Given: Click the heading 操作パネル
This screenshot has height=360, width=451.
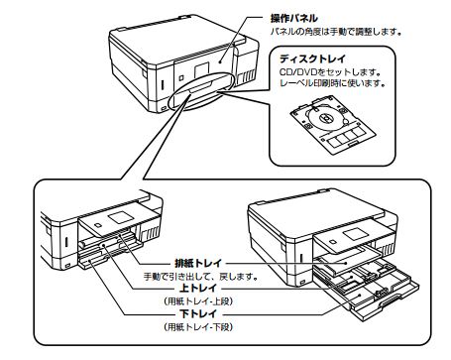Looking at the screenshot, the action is [x=293, y=18].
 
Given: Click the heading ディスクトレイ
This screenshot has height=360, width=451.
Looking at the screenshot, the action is [x=312, y=59].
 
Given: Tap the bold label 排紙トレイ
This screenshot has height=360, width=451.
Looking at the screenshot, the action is [x=198, y=263].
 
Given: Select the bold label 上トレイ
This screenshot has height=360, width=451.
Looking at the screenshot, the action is [x=198, y=288].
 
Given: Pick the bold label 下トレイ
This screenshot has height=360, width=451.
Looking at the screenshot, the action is [x=198, y=313].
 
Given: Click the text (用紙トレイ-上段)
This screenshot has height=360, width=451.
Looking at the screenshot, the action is [x=198, y=301].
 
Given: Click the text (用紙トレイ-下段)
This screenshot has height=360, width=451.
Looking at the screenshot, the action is [x=198, y=327].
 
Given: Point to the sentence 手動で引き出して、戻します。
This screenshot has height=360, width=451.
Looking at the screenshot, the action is [x=200, y=276].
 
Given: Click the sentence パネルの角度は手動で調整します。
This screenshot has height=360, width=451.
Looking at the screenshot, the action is [x=336, y=32].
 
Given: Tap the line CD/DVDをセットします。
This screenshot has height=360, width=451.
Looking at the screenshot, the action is [x=330, y=71].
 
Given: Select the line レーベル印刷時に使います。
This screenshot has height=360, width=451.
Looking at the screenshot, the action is [x=333, y=82].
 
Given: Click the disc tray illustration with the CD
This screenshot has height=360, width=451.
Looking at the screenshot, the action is [x=333, y=125].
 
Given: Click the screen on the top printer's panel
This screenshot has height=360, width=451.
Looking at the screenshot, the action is [x=202, y=70].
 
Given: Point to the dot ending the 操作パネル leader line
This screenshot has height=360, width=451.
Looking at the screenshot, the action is [x=220, y=60].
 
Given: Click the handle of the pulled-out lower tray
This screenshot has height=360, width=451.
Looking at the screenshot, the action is [x=395, y=300].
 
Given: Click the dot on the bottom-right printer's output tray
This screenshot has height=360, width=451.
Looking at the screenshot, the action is [x=346, y=263].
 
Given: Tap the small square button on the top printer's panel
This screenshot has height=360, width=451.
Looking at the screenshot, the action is [x=181, y=78].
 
